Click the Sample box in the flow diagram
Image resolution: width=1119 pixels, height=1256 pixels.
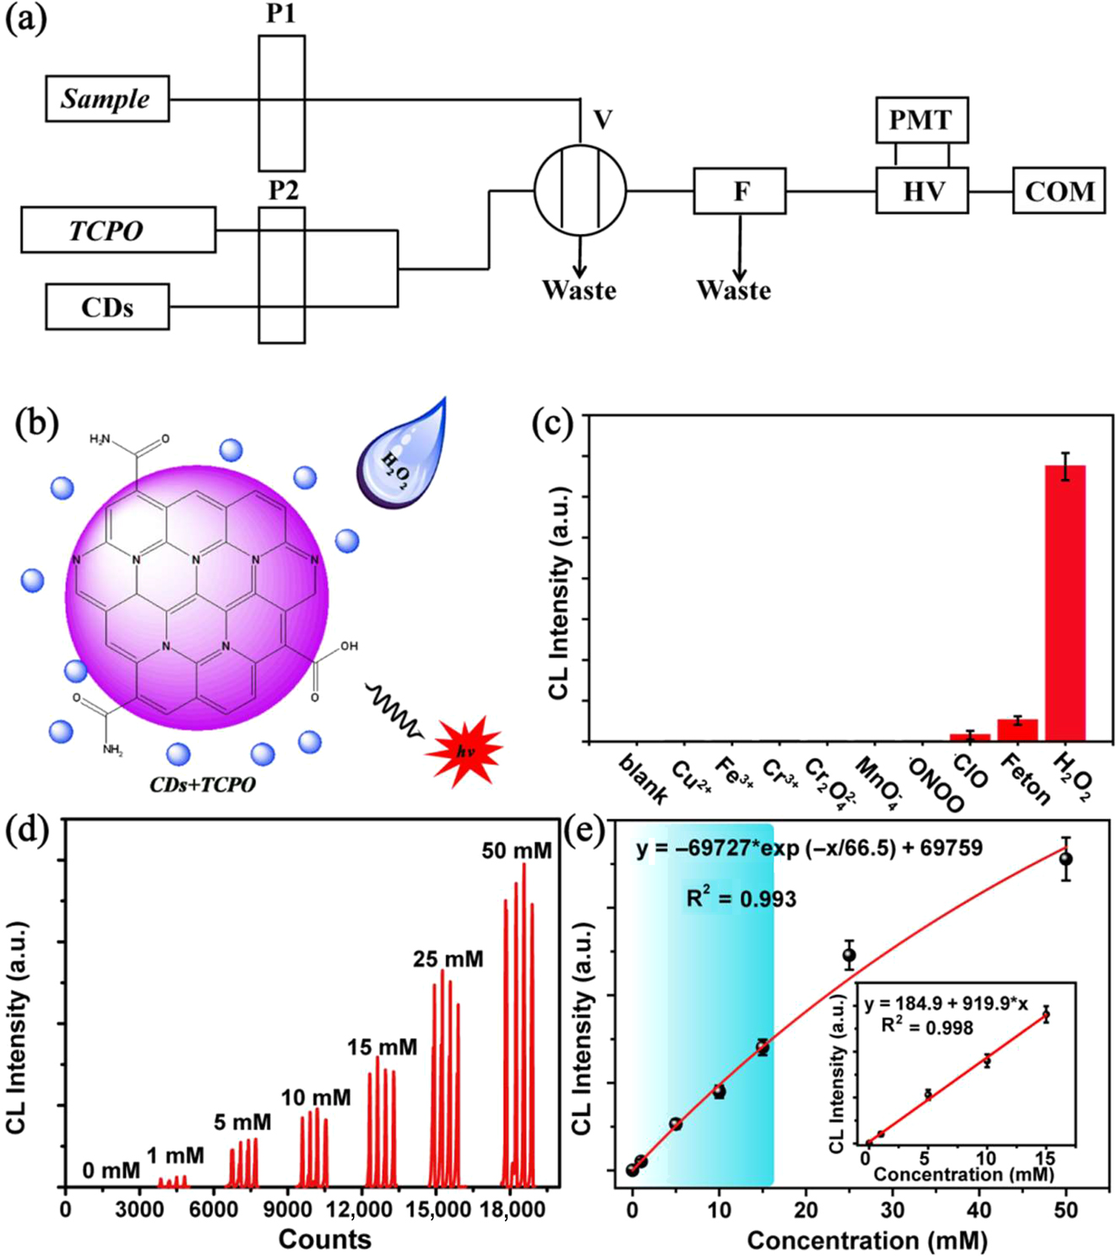[x=107, y=99]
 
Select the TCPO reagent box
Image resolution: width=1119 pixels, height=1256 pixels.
[x=118, y=230]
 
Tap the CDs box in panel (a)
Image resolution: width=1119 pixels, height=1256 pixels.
[x=107, y=307]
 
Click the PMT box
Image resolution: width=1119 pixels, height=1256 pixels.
[x=921, y=120]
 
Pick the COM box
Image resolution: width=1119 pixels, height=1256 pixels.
[x=1059, y=191]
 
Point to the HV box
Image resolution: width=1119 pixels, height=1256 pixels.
[x=921, y=191]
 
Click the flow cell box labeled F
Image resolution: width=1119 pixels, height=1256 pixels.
[x=740, y=191]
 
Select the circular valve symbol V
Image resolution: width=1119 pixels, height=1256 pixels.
[x=580, y=190]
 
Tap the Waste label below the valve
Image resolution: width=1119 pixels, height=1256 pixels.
[x=579, y=291]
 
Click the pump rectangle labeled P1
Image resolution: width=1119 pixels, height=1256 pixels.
[x=281, y=103]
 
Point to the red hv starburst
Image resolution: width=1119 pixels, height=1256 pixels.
[x=464, y=750]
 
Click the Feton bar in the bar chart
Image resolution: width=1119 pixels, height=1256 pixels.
[x=1018, y=730]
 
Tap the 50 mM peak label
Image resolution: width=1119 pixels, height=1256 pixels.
[x=517, y=851]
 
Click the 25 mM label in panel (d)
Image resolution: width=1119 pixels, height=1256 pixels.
[x=448, y=960]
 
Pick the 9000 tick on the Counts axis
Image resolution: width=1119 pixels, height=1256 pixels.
[x=289, y=1210]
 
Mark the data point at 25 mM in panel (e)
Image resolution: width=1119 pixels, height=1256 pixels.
[x=850, y=956]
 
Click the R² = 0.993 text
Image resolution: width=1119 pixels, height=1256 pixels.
[x=741, y=899]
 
